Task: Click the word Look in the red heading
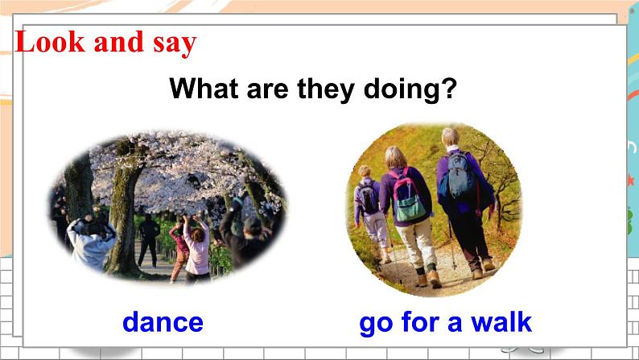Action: pyautogui.click(x=51, y=42)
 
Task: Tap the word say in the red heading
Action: pyautogui.click(x=175, y=43)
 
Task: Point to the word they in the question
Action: pyautogui.click(x=326, y=89)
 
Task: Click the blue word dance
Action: pyautogui.click(x=163, y=322)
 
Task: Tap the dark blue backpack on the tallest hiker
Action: pyautogui.click(x=460, y=176)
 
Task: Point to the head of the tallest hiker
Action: pyautogui.click(x=451, y=137)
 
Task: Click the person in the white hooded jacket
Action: pyautogui.click(x=90, y=245)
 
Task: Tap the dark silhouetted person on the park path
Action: pyautogui.click(x=148, y=241)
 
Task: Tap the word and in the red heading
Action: pyautogui.click(x=118, y=42)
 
